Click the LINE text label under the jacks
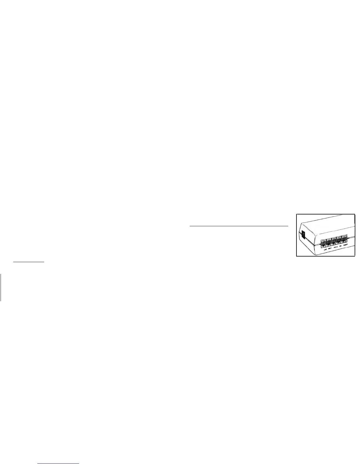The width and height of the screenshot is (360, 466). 325,250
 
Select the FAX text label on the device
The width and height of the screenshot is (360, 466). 340,248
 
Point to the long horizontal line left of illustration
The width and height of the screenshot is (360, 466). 239,226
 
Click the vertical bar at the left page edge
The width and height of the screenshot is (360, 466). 1,287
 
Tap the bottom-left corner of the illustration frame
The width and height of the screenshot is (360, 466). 296,256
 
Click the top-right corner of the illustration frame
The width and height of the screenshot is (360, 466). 355,214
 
